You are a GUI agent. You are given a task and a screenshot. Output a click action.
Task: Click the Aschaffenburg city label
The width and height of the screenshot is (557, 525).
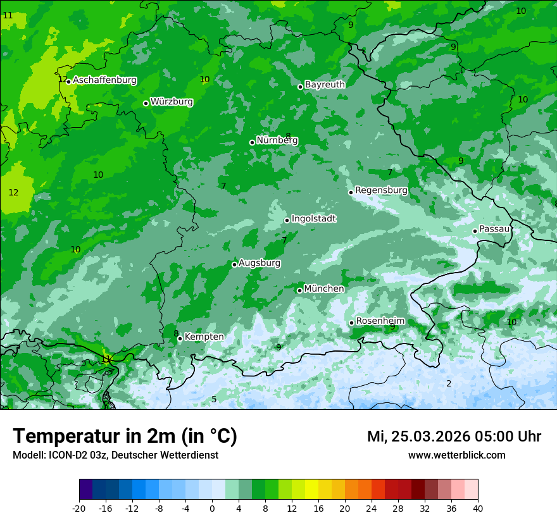coord(104,80)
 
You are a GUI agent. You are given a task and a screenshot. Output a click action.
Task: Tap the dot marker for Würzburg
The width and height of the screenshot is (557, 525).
coord(146,103)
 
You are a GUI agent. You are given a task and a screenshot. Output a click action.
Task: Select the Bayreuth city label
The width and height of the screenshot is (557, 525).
coord(325,85)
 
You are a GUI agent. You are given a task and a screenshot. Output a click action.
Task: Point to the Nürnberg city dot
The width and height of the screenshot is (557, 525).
coord(252,142)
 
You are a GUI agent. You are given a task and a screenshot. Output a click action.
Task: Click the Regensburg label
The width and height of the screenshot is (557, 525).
coord(381,190)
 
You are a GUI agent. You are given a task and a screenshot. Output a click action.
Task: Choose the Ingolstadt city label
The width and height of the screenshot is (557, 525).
coord(313,219)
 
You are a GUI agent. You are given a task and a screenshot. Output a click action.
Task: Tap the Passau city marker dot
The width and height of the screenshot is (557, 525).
coord(475,231)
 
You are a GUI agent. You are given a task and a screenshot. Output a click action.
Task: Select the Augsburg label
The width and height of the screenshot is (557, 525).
coord(260,263)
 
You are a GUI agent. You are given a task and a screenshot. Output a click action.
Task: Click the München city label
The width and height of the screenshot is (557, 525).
coord(324,289)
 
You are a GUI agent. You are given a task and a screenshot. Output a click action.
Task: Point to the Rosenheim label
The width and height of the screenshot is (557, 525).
coord(380,321)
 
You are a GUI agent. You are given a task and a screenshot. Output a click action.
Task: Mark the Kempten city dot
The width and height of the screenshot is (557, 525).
coord(180,338)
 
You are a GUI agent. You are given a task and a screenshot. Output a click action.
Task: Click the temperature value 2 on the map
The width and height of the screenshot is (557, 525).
coord(449,383)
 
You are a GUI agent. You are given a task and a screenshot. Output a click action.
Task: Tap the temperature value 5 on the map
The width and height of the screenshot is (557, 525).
coord(214,399)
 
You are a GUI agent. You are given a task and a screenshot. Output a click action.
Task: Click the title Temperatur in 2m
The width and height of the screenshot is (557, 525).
coord(125,436)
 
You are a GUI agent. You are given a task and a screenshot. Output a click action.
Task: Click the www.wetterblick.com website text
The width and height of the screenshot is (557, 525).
coord(456,455)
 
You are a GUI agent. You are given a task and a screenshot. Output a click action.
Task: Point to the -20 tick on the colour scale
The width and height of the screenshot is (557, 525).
coord(79,509)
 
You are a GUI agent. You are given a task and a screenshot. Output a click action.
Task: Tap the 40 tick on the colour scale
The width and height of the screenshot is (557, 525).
coord(478,509)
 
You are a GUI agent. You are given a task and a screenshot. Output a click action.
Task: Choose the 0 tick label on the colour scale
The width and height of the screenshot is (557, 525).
coord(212,509)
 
